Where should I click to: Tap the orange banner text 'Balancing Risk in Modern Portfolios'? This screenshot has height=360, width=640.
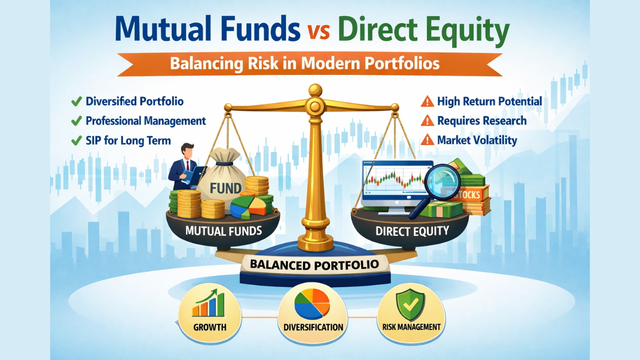pos(305,63)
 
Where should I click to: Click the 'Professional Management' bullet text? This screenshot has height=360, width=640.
pos(145,121)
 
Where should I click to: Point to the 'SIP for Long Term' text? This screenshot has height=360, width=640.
pos(128,141)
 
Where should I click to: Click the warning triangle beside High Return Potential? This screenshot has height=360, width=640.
pos(427,101)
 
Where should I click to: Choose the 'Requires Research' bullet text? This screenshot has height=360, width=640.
pos(482,121)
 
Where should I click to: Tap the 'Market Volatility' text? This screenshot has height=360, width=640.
pos(477,140)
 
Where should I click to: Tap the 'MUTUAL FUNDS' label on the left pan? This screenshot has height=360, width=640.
pos(223,231)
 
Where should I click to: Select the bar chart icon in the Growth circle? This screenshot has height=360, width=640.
pos(208,304)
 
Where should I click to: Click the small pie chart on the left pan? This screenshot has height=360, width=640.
pos(248,208)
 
